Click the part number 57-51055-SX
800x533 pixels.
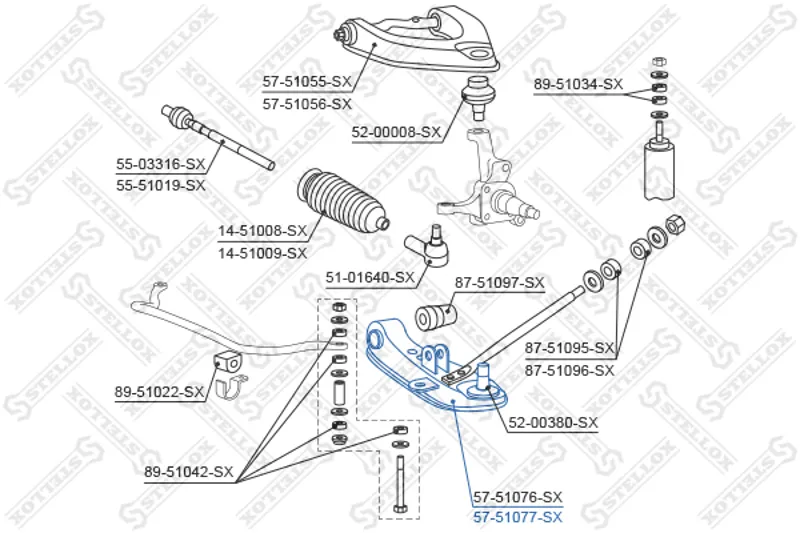click(307, 81)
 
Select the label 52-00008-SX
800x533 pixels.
click(396, 133)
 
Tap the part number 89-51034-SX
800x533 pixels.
click(579, 84)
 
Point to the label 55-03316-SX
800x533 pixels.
click(160, 164)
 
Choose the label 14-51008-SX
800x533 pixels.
click(263, 232)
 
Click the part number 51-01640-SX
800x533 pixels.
click(370, 277)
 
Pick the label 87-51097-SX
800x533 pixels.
click(499, 282)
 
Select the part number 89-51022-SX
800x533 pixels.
click(159, 392)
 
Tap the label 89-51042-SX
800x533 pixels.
click(189, 472)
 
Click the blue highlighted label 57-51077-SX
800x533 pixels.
click(518, 517)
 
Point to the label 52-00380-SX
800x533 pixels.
click(553, 422)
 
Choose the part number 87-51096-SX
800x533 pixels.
click(570, 370)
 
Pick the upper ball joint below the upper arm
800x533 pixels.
click(478, 97)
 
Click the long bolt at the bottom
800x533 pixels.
click(399, 485)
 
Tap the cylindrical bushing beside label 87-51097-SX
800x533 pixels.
click(435, 316)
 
